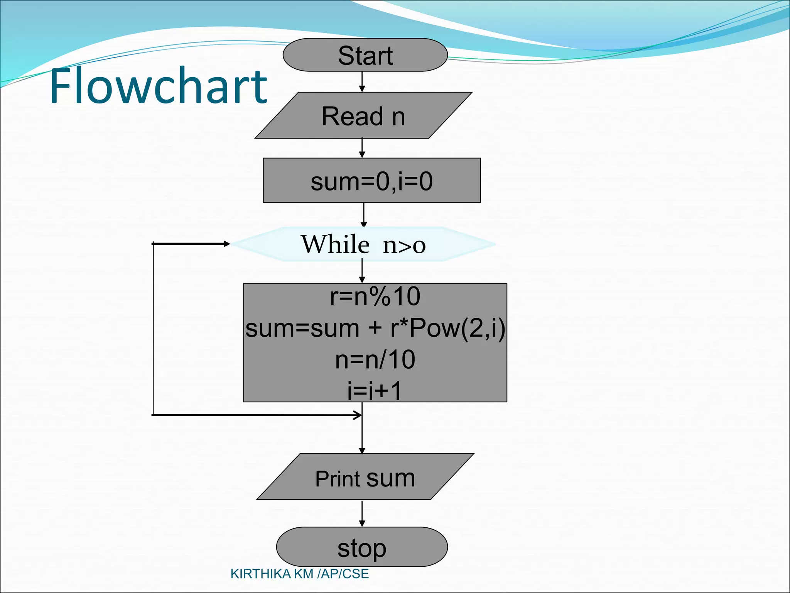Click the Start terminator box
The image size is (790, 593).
coord(365,55)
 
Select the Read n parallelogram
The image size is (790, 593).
coord(363,115)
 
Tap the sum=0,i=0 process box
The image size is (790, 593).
coord(371,181)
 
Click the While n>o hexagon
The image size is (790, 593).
coord(363,244)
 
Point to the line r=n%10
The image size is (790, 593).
coord(375,296)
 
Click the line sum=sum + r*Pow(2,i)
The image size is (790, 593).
coord(375,328)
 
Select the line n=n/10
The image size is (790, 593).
coord(375,359)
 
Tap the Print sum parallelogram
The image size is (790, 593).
coord(365,478)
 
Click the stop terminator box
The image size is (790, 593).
coord(362,547)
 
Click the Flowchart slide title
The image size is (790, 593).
coord(158,86)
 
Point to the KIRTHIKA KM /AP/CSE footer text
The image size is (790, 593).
coord(299,574)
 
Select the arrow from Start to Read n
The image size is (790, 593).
coord(362,81)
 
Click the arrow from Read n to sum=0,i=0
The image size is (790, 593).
coord(362,148)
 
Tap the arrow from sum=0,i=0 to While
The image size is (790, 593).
coord(364,214)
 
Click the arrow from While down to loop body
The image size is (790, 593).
coord(362,271)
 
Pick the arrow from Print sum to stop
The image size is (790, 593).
coord(362,513)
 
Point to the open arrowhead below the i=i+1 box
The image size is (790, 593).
coord(358,415)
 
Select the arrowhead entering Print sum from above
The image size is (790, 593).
coord(362,451)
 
